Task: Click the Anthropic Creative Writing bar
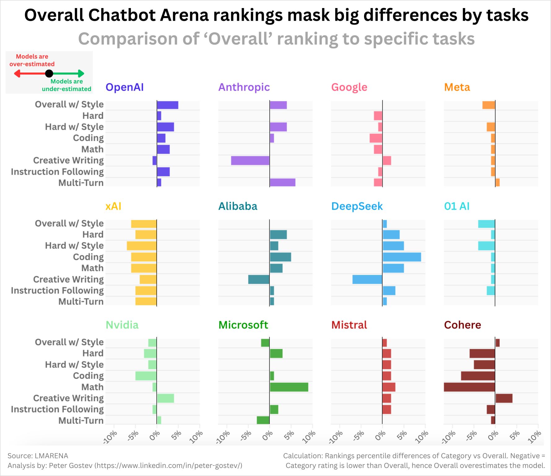(250, 161)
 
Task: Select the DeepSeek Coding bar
(402, 257)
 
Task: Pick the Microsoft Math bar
(289, 387)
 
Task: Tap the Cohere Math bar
(470, 387)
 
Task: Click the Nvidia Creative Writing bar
(165, 398)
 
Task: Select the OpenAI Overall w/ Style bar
(167, 105)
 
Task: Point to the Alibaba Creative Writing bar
(259, 280)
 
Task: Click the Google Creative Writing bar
(387, 161)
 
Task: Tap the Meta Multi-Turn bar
(497, 183)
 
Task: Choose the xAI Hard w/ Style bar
(142, 246)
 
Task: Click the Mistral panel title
(349, 325)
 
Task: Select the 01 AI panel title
(457, 206)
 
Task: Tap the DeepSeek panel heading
(357, 206)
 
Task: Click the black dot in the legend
(49, 73)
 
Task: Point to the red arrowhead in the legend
(17, 73)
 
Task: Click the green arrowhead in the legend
(81, 73)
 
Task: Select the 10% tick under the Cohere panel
(535, 436)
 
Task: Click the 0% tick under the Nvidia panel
(154, 435)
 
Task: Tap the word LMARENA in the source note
(51, 456)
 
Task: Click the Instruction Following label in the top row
(57, 172)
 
